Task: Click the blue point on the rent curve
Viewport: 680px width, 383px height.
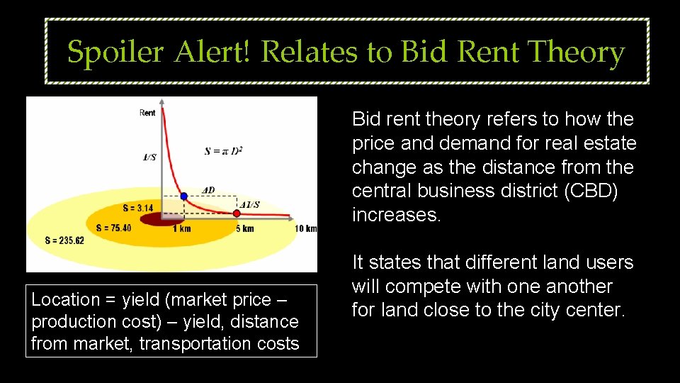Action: pos(183,196)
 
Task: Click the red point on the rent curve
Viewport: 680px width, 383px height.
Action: pos(237,213)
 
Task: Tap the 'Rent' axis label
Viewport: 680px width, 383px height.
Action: pos(147,113)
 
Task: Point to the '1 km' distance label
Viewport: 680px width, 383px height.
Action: pos(182,228)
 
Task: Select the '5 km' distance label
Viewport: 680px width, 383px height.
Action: pos(244,228)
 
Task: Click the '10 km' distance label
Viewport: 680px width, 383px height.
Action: pos(306,228)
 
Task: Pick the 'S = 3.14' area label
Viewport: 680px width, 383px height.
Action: pos(137,208)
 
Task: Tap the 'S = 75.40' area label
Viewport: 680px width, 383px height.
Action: pos(113,228)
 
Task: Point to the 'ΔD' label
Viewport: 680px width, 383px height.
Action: pos(209,190)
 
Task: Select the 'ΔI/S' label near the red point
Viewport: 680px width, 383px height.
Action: pos(249,205)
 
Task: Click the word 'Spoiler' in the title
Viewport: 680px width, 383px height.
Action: pos(115,52)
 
